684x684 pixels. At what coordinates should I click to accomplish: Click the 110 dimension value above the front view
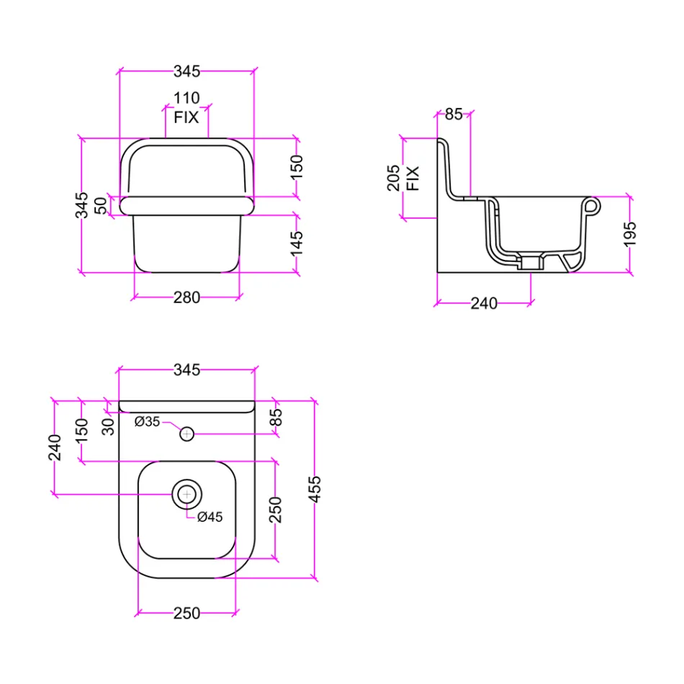pos(186,99)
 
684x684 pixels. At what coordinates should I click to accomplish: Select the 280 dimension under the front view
pos(186,297)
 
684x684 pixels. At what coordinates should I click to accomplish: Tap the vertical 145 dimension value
pos(298,243)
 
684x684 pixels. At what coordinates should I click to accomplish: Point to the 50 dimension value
pos(100,205)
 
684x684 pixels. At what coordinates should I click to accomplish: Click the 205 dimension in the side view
pos(394,177)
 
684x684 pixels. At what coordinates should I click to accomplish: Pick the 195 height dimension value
pos(630,234)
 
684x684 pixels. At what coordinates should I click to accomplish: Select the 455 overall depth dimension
pos(314,489)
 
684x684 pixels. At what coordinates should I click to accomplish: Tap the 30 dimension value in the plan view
pos(108,426)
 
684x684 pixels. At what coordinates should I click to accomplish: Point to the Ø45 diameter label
pos(210,516)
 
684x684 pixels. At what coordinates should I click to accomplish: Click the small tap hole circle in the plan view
pos(186,433)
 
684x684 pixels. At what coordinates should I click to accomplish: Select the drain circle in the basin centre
pos(186,494)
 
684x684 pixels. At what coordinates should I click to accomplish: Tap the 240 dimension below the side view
pos(484,304)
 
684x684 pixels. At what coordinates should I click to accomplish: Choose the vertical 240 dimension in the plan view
pos(55,446)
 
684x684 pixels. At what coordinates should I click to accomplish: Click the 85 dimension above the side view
pos(454,114)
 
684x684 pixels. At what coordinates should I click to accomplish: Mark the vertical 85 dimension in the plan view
pos(276,417)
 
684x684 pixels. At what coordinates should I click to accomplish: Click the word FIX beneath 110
pos(186,117)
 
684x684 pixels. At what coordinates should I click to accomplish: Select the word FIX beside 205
pos(413,177)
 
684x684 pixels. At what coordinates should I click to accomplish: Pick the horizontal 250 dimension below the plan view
pos(186,613)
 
